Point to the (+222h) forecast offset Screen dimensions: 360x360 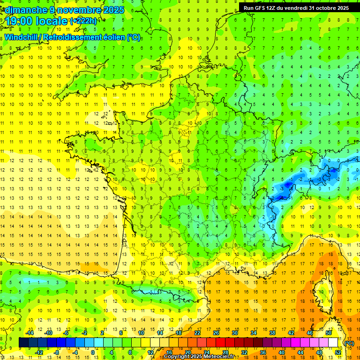83,21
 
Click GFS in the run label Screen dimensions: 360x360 262,8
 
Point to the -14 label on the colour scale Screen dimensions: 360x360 30,333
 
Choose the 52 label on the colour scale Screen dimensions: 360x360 338,352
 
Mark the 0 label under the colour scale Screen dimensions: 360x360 93,352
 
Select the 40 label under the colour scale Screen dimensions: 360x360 282,352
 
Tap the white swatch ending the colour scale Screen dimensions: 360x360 333,343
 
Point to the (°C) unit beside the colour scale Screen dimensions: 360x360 349,343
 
